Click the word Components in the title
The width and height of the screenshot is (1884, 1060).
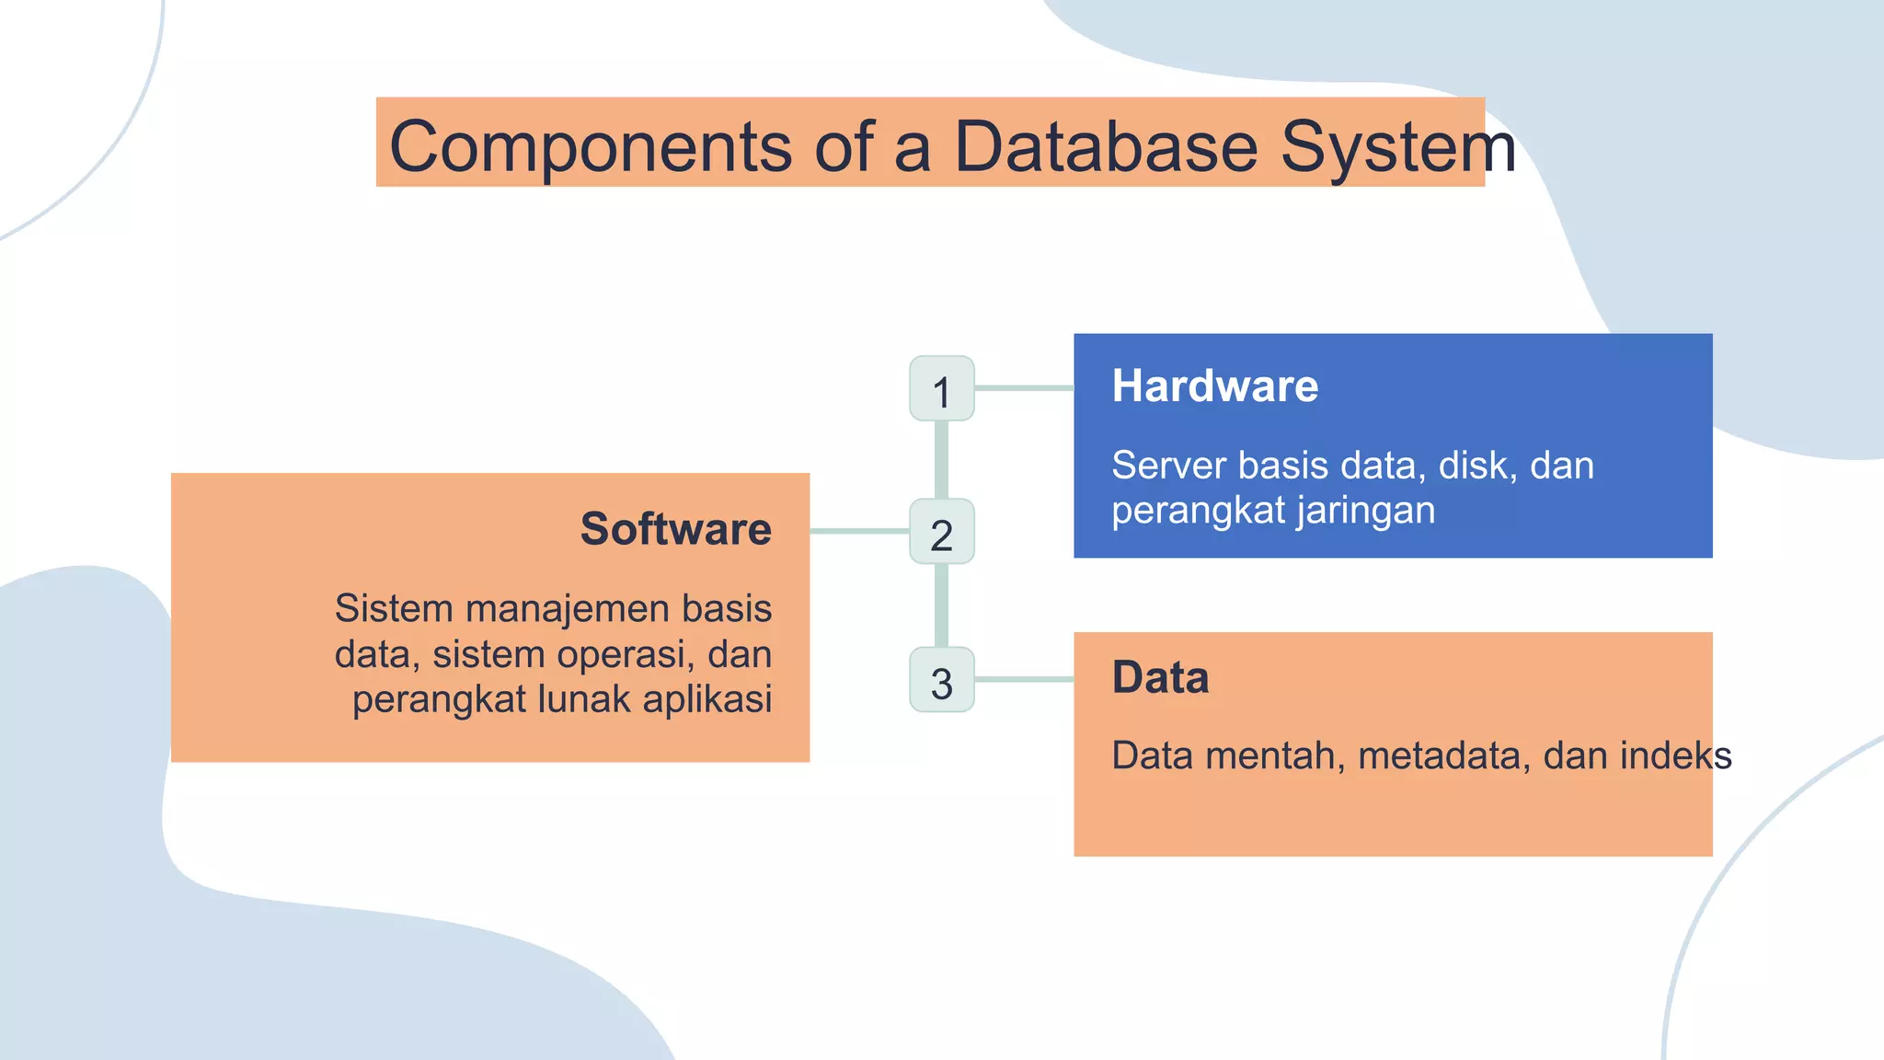tap(590, 147)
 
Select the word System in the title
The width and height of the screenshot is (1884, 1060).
tap(1397, 147)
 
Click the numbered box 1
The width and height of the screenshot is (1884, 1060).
tap(941, 389)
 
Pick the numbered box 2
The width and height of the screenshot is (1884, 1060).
tap(941, 532)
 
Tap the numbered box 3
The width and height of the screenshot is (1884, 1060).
tap(941, 680)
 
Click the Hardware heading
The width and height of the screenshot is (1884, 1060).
tap(1214, 386)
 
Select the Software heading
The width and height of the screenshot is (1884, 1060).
tap(675, 529)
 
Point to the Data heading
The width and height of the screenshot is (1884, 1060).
tap(1160, 678)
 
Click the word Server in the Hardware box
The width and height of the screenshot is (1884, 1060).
tap(1168, 466)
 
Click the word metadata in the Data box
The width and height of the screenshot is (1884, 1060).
tap(1443, 756)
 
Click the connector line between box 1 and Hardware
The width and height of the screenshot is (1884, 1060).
tap(1024, 388)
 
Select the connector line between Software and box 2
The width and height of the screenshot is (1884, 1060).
tap(859, 531)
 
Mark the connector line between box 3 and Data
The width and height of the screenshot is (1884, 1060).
tap(1024, 679)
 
